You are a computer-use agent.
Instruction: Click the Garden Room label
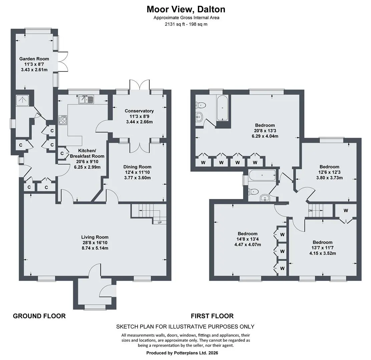click(x=34, y=59)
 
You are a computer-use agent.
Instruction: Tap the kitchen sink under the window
click(x=86, y=99)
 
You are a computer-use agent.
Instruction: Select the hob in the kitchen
click(x=63, y=120)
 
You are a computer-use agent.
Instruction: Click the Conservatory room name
click(x=139, y=111)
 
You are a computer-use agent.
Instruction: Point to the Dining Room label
click(x=137, y=167)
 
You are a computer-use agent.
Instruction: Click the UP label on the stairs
click(x=160, y=222)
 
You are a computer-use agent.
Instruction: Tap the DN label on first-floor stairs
click(x=310, y=210)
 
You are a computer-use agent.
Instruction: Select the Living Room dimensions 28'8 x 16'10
click(x=95, y=243)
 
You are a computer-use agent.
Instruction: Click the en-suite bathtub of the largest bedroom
click(x=222, y=108)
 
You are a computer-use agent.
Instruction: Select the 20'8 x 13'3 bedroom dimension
click(x=265, y=131)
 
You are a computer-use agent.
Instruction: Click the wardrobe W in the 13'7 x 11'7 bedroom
click(x=346, y=210)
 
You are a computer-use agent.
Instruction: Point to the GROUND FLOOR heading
click(x=39, y=316)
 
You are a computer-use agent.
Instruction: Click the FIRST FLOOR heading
click(x=212, y=316)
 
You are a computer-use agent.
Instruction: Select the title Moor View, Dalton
click(x=186, y=9)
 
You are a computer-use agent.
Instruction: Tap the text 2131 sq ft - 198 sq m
click(x=186, y=24)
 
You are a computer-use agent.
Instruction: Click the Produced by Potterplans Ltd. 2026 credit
click(x=182, y=353)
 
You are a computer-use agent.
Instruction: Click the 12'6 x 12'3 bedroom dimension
click(x=329, y=172)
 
